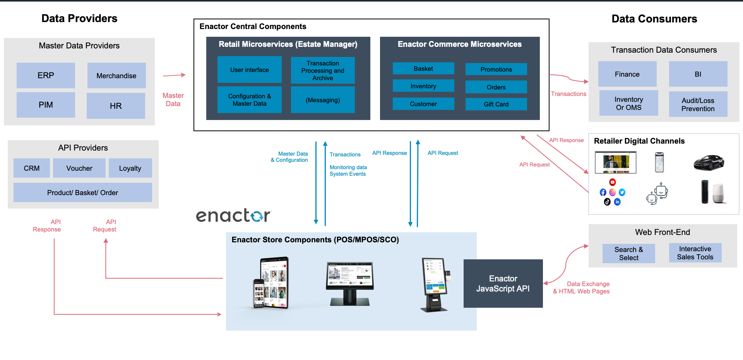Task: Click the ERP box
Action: click(x=46, y=75)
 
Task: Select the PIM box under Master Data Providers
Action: click(x=46, y=105)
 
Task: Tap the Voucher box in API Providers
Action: click(x=79, y=168)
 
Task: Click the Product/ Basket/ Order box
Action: click(x=82, y=193)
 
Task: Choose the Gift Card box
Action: click(x=496, y=104)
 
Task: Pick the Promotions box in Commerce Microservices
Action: click(x=496, y=69)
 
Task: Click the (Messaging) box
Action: click(x=323, y=100)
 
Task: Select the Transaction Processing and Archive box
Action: click(x=323, y=70)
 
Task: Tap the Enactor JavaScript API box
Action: click(x=503, y=284)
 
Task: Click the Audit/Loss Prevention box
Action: click(x=698, y=105)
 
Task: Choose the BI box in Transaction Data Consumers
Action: click(x=698, y=74)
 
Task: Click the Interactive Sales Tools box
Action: click(x=695, y=253)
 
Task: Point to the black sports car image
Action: click(x=709, y=162)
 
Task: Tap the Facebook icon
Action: click(x=603, y=192)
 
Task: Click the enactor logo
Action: click(x=233, y=216)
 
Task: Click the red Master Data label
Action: click(x=173, y=99)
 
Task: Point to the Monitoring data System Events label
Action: click(x=348, y=171)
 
